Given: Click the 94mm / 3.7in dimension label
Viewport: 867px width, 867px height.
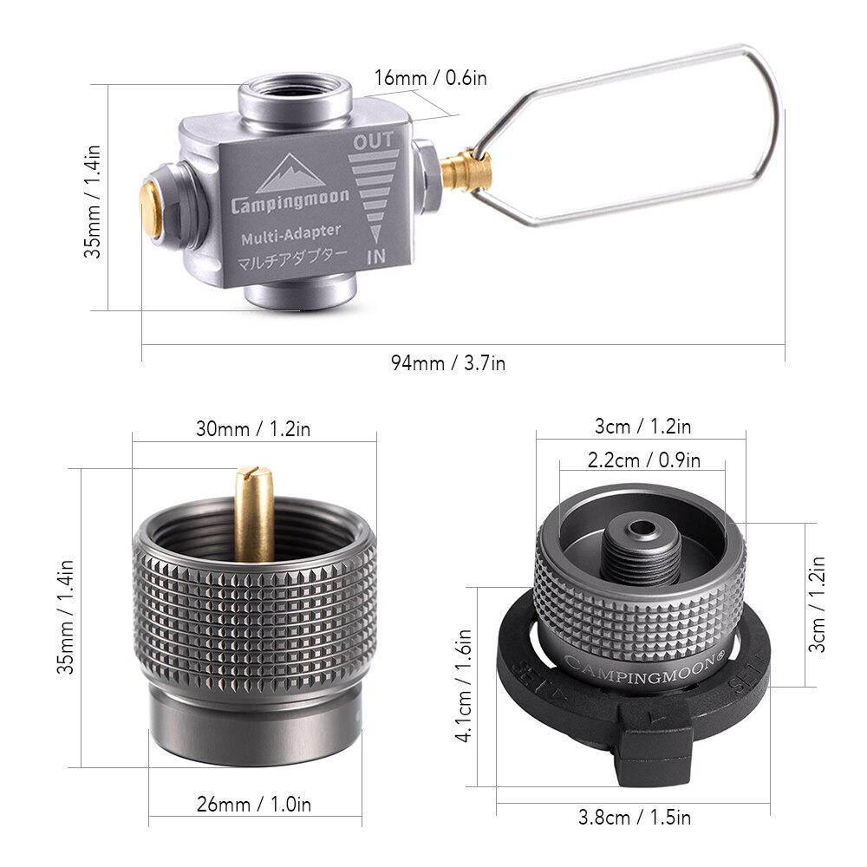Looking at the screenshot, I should coord(447,362).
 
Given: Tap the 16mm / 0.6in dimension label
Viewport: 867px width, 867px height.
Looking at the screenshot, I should coord(430,78).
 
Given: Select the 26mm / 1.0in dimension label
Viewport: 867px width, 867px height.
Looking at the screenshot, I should coord(253,805).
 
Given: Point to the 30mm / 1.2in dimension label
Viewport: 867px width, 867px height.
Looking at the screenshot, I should coord(253,427).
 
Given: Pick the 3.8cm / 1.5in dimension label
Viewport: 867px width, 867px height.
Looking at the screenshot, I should coord(635,817).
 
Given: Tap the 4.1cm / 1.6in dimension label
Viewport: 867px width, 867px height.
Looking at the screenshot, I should coord(465,686).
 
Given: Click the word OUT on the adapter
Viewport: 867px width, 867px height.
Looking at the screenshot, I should coord(374,140).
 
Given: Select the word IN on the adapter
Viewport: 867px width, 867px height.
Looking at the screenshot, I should coord(375,257).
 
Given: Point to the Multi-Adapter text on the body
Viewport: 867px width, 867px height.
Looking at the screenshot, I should coord(291,232).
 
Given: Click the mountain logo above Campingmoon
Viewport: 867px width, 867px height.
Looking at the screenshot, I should coord(291,173).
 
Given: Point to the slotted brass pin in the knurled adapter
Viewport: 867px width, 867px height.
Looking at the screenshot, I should coord(254,512).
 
